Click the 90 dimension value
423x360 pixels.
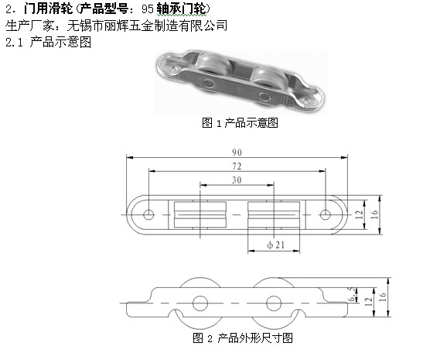click(237, 153)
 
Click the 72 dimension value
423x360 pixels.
click(237, 166)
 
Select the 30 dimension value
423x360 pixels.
click(237, 180)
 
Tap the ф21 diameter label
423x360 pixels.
click(276, 245)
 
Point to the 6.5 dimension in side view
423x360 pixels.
click(352, 294)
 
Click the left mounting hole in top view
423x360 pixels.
click(148, 214)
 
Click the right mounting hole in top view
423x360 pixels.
click(325, 214)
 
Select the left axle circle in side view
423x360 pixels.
click(200, 303)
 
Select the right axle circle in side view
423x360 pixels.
click(274, 303)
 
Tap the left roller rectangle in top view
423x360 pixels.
click(200, 215)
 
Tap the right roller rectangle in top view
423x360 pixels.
click(274, 215)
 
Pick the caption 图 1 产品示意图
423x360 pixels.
click(240, 123)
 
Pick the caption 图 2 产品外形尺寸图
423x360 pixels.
click(243, 338)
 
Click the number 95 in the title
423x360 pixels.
click(147, 9)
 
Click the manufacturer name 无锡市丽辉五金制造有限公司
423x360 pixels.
click(147, 26)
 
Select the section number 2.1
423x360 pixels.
click(14, 43)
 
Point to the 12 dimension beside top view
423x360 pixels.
click(360, 214)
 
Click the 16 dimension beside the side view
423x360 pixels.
click(383, 297)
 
